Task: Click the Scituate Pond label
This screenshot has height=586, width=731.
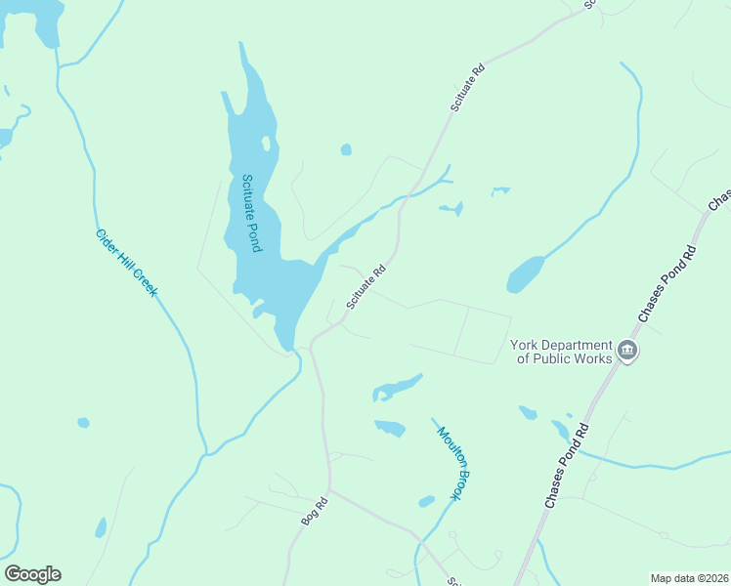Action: (251, 213)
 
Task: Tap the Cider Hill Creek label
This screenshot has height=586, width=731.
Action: (126, 263)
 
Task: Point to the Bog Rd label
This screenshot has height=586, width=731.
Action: (313, 512)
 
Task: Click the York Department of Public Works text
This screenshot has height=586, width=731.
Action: (561, 352)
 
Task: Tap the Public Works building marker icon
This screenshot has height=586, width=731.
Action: (627, 351)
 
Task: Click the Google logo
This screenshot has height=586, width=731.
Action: (32, 573)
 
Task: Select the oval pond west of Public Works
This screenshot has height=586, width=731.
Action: (525, 274)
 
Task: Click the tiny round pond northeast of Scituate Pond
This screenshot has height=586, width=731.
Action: (346, 149)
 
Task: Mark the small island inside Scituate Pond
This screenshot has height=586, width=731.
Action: (266, 144)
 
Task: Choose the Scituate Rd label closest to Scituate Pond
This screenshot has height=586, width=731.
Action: (366, 287)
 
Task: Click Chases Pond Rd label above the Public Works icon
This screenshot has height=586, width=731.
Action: (666, 284)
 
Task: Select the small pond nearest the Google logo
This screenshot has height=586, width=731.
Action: (101, 528)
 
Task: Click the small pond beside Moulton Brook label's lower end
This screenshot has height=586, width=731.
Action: (426, 502)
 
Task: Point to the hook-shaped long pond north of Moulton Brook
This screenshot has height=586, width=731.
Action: (396, 388)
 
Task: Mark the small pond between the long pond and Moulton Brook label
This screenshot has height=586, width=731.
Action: (390, 428)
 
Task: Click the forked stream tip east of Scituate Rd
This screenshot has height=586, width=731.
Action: (449, 173)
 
